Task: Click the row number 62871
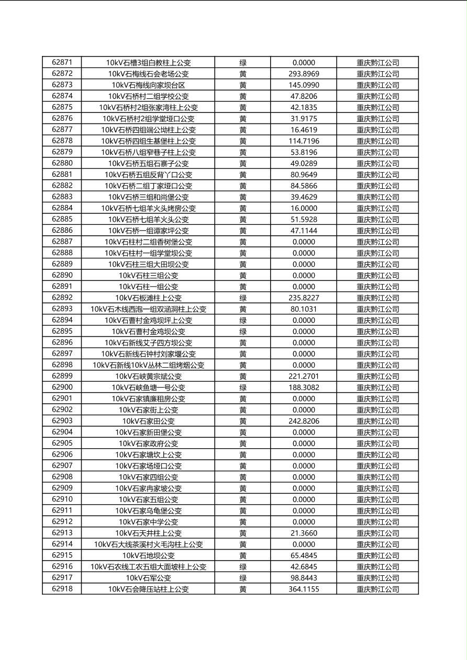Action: [x=62, y=62]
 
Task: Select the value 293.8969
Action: [x=304, y=74]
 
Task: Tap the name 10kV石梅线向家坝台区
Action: [x=148, y=85]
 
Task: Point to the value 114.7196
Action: [x=304, y=141]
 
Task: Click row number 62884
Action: [x=62, y=208]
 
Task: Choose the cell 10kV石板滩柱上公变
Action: [x=148, y=298]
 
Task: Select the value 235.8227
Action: [x=304, y=298]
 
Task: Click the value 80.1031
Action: [x=304, y=309]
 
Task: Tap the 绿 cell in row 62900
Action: [x=243, y=388]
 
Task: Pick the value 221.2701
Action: [x=304, y=376]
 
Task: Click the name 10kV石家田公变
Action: [x=148, y=421]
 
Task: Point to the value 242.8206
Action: [x=304, y=421]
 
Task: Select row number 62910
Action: [x=62, y=499]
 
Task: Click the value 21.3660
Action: [x=304, y=533]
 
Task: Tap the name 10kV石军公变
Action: [x=148, y=578]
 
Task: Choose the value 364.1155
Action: [x=304, y=589]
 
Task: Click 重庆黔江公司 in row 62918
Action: [x=377, y=589]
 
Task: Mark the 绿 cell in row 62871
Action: [x=243, y=62]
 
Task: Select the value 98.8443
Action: [x=304, y=578]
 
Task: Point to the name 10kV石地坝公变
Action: [x=148, y=555]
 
